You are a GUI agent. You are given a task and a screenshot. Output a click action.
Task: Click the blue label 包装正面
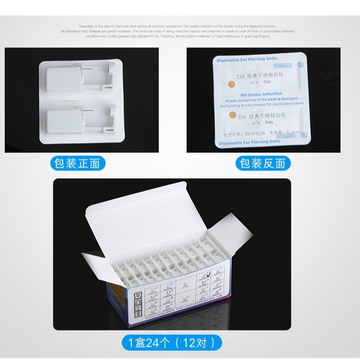pos(77,163)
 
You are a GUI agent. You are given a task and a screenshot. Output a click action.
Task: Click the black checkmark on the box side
pos(210,273)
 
